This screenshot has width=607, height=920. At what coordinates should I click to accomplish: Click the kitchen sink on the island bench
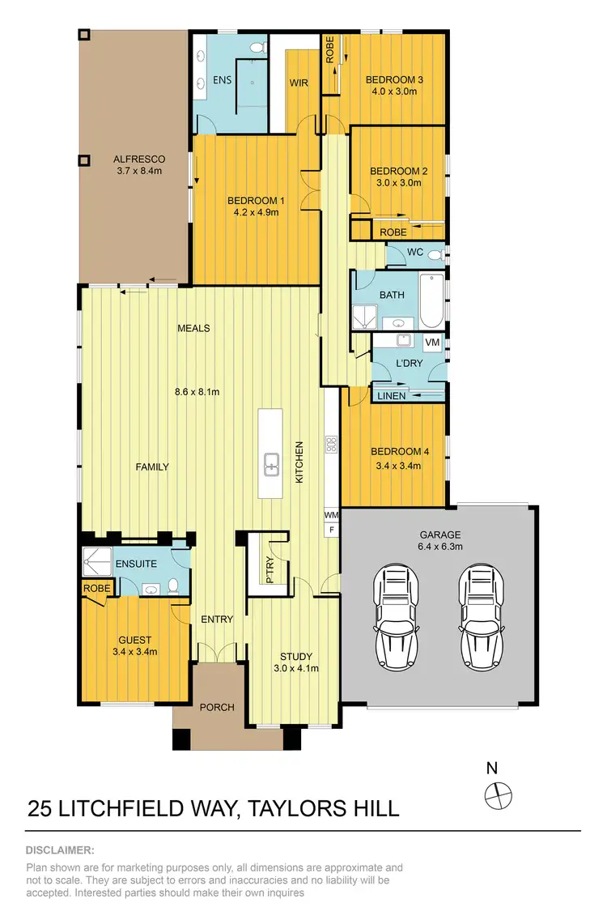coord(270,465)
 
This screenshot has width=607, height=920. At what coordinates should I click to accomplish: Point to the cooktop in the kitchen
coord(331,444)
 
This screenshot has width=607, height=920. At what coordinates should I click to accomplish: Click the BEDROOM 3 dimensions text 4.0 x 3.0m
coord(394,92)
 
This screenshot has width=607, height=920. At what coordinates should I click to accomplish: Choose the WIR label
coord(299,83)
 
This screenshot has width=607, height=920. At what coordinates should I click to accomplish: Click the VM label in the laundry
coord(432,343)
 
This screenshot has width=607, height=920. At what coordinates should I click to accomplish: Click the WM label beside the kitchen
coord(331,514)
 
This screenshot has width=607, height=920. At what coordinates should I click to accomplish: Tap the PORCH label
coord(217,707)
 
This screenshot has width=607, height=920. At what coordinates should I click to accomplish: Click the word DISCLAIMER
coord(61,850)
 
